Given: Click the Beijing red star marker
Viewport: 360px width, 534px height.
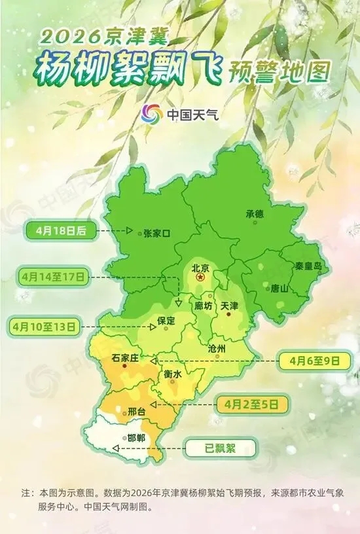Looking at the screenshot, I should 200,278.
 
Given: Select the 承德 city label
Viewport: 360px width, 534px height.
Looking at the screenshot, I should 254,214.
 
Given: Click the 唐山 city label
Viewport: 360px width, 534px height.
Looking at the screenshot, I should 279,288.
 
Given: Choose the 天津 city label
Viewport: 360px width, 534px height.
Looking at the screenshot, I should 230,306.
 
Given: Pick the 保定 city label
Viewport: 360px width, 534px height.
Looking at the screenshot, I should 166,321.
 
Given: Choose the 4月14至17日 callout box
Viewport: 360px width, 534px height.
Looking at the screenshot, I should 54,277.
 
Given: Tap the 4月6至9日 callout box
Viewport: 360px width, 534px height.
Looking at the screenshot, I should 309,359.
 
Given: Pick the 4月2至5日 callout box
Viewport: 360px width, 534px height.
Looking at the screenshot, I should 256,402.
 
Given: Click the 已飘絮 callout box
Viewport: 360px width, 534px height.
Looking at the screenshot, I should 221,449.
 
